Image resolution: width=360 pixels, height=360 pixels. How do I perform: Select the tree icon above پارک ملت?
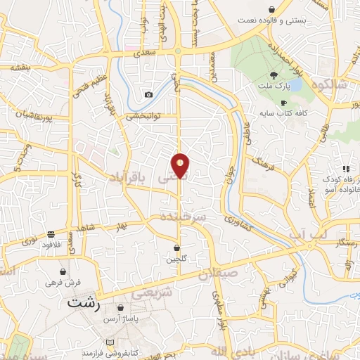coord(273,75)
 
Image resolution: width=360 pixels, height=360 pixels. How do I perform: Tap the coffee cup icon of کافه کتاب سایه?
coord(284,102)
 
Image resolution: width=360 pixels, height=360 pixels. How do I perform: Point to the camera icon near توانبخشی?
coord(148,95)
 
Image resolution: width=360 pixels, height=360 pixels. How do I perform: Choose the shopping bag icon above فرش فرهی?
coord(64,271)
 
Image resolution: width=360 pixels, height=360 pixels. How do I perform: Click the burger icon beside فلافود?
coord(51,233)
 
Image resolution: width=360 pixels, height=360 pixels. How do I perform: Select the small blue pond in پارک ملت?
coord(295,85)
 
